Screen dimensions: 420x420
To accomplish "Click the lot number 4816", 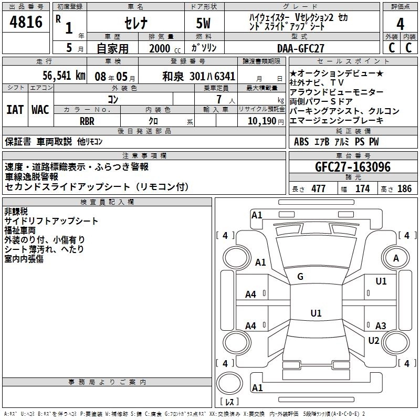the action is point(26,23).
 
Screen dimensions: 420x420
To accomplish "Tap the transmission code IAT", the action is point(15,110).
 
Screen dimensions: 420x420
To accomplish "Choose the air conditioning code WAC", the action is point(40,110).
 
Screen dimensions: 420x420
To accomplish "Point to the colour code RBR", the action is point(87,121).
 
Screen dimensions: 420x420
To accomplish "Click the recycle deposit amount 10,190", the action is point(260,121).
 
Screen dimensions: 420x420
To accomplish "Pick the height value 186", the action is point(404,189).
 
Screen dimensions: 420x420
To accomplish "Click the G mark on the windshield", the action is point(300,276).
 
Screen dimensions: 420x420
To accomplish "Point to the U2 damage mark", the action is point(374,340).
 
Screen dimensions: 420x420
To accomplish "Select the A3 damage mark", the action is point(381,326).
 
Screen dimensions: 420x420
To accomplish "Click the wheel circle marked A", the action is point(396,258).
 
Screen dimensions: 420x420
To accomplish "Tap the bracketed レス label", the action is point(229,402).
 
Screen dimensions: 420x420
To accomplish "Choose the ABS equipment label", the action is point(301,142).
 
